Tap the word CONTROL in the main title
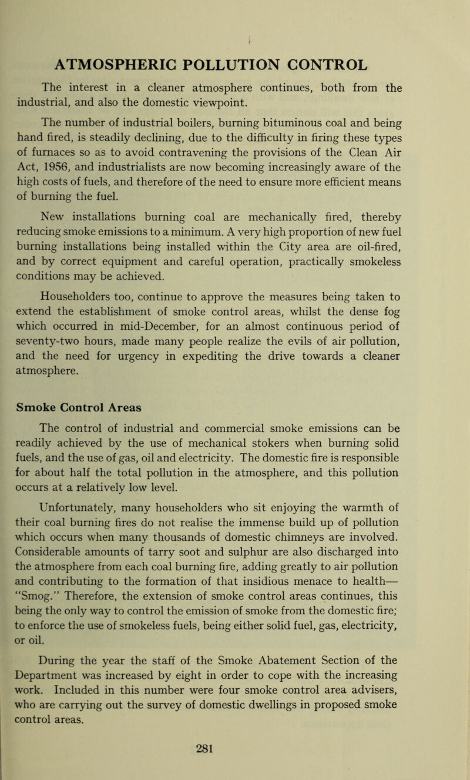[354, 63]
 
